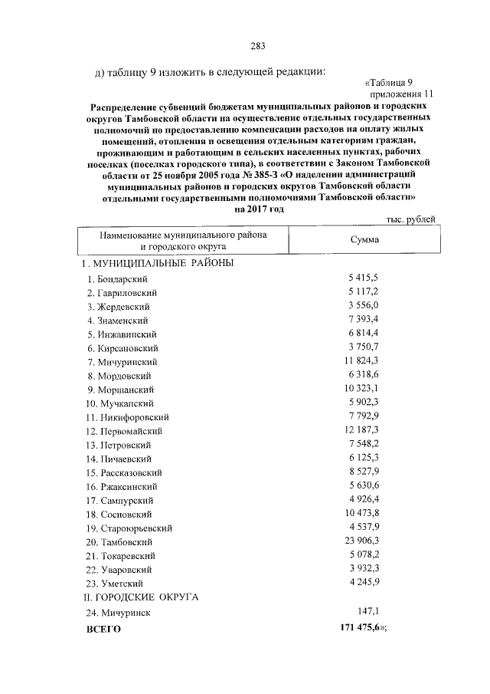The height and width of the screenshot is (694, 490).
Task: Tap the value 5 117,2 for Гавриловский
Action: (364, 292)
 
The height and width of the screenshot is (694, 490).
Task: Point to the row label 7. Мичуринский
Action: (122, 362)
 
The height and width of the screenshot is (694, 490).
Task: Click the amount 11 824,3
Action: (361, 361)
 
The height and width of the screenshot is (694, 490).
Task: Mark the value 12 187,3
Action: (361, 430)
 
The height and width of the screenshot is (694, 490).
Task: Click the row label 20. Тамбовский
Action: (121, 542)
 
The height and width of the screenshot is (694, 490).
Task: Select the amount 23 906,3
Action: (361, 541)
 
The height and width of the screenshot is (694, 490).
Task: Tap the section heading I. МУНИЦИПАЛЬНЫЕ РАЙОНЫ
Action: (158, 263)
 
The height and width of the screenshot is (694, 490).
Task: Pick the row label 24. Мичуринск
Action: (119, 613)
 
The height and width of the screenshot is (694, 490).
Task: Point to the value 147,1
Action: (368, 611)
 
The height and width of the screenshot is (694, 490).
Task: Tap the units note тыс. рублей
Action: (411, 219)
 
